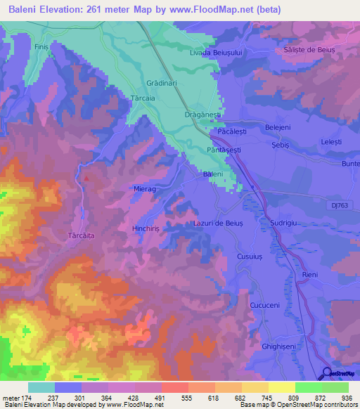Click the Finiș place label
click(41, 46)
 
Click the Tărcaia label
click(143, 99)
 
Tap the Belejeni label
click(276, 126)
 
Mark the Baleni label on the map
click(212, 174)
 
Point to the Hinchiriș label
click(147, 229)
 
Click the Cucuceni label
click(264, 306)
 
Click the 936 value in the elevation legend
click(347, 398)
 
